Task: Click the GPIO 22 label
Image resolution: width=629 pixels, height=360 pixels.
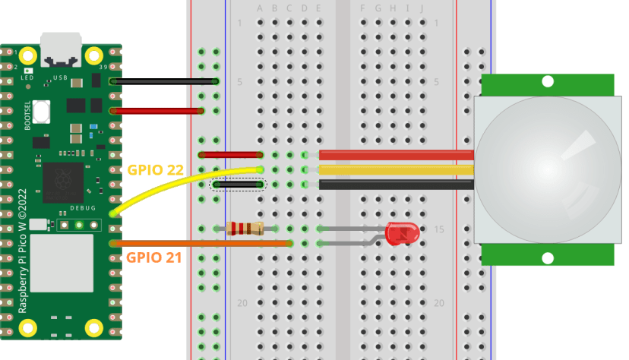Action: (x=155, y=169)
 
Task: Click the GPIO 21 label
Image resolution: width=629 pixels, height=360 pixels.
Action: (x=153, y=257)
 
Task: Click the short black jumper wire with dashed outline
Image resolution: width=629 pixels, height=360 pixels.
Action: (x=239, y=184)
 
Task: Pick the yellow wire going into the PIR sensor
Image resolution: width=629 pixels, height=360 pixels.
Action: (x=395, y=169)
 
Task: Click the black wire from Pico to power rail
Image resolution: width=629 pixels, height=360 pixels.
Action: (x=163, y=81)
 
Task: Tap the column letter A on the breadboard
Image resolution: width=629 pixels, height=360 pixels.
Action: (x=260, y=8)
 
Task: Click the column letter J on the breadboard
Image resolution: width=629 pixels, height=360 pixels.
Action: (x=422, y=8)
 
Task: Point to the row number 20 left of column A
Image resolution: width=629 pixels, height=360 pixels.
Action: (x=242, y=302)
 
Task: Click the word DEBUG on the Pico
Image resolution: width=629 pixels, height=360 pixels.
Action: (x=83, y=208)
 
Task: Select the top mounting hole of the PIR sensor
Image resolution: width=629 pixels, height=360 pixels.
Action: (x=547, y=81)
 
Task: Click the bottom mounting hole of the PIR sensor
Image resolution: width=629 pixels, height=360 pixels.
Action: (x=547, y=258)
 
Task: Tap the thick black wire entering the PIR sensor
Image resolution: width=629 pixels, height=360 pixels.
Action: (x=395, y=184)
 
